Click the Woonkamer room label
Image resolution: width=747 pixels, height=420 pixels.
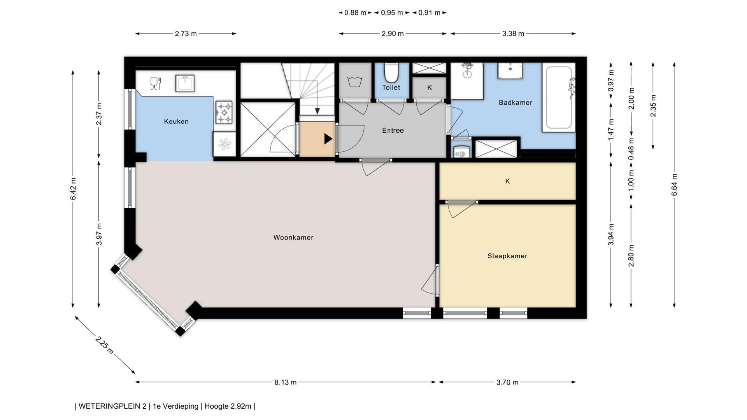[293, 238]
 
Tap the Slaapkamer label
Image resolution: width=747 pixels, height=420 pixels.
[507, 256]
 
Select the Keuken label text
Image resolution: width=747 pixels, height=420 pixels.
[176, 121]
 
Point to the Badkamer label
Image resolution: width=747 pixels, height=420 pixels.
[516, 103]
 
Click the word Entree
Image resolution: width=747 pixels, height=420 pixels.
[393, 131]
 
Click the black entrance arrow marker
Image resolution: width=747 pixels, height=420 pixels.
[328, 139]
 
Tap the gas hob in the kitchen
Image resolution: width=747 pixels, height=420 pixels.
[224, 112]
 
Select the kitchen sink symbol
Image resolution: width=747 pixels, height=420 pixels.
[185, 83]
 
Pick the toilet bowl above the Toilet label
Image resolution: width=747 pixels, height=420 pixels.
[391, 72]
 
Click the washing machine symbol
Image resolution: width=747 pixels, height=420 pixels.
[354, 82]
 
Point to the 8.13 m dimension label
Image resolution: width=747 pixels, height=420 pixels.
[286, 382]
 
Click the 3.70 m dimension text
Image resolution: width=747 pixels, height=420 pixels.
[507, 382]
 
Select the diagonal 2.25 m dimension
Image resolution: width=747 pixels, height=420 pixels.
[105, 345]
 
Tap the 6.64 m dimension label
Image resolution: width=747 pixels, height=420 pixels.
[674, 185]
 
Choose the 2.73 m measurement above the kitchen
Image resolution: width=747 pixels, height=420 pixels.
[186, 34]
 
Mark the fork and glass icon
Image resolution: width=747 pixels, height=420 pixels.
[155, 84]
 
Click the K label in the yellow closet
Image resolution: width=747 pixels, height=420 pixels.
[507, 181]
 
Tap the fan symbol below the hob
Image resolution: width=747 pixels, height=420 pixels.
[224, 144]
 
